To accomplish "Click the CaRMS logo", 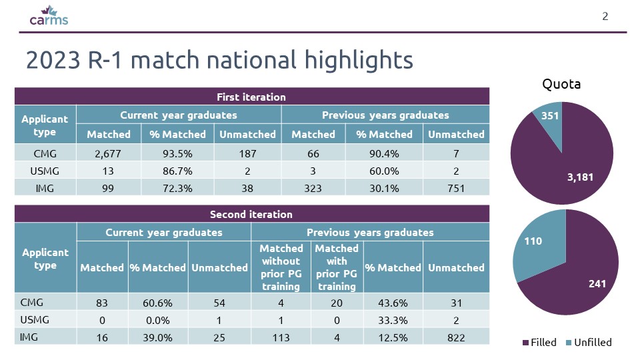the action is coord(49,15).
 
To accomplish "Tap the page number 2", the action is coord(605,16).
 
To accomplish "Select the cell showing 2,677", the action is coord(108,154).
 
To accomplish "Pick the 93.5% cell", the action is coord(177,154).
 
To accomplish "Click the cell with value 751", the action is coord(456,188).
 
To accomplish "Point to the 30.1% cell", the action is coord(384,188).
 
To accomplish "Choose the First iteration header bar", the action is coord(252,97).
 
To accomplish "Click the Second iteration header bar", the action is coord(252,214).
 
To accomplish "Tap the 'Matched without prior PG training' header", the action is coord(281,267).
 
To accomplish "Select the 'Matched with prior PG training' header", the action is coord(337,267).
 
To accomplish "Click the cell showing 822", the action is coord(456,337).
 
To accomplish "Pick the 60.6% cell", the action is coord(157,303).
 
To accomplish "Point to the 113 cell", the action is coord(281,337).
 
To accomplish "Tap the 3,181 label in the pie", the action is coord(580,177).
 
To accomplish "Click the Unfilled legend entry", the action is coord(589,343).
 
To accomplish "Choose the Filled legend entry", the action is coord(539,343).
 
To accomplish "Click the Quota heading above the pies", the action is coord(561,84).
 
